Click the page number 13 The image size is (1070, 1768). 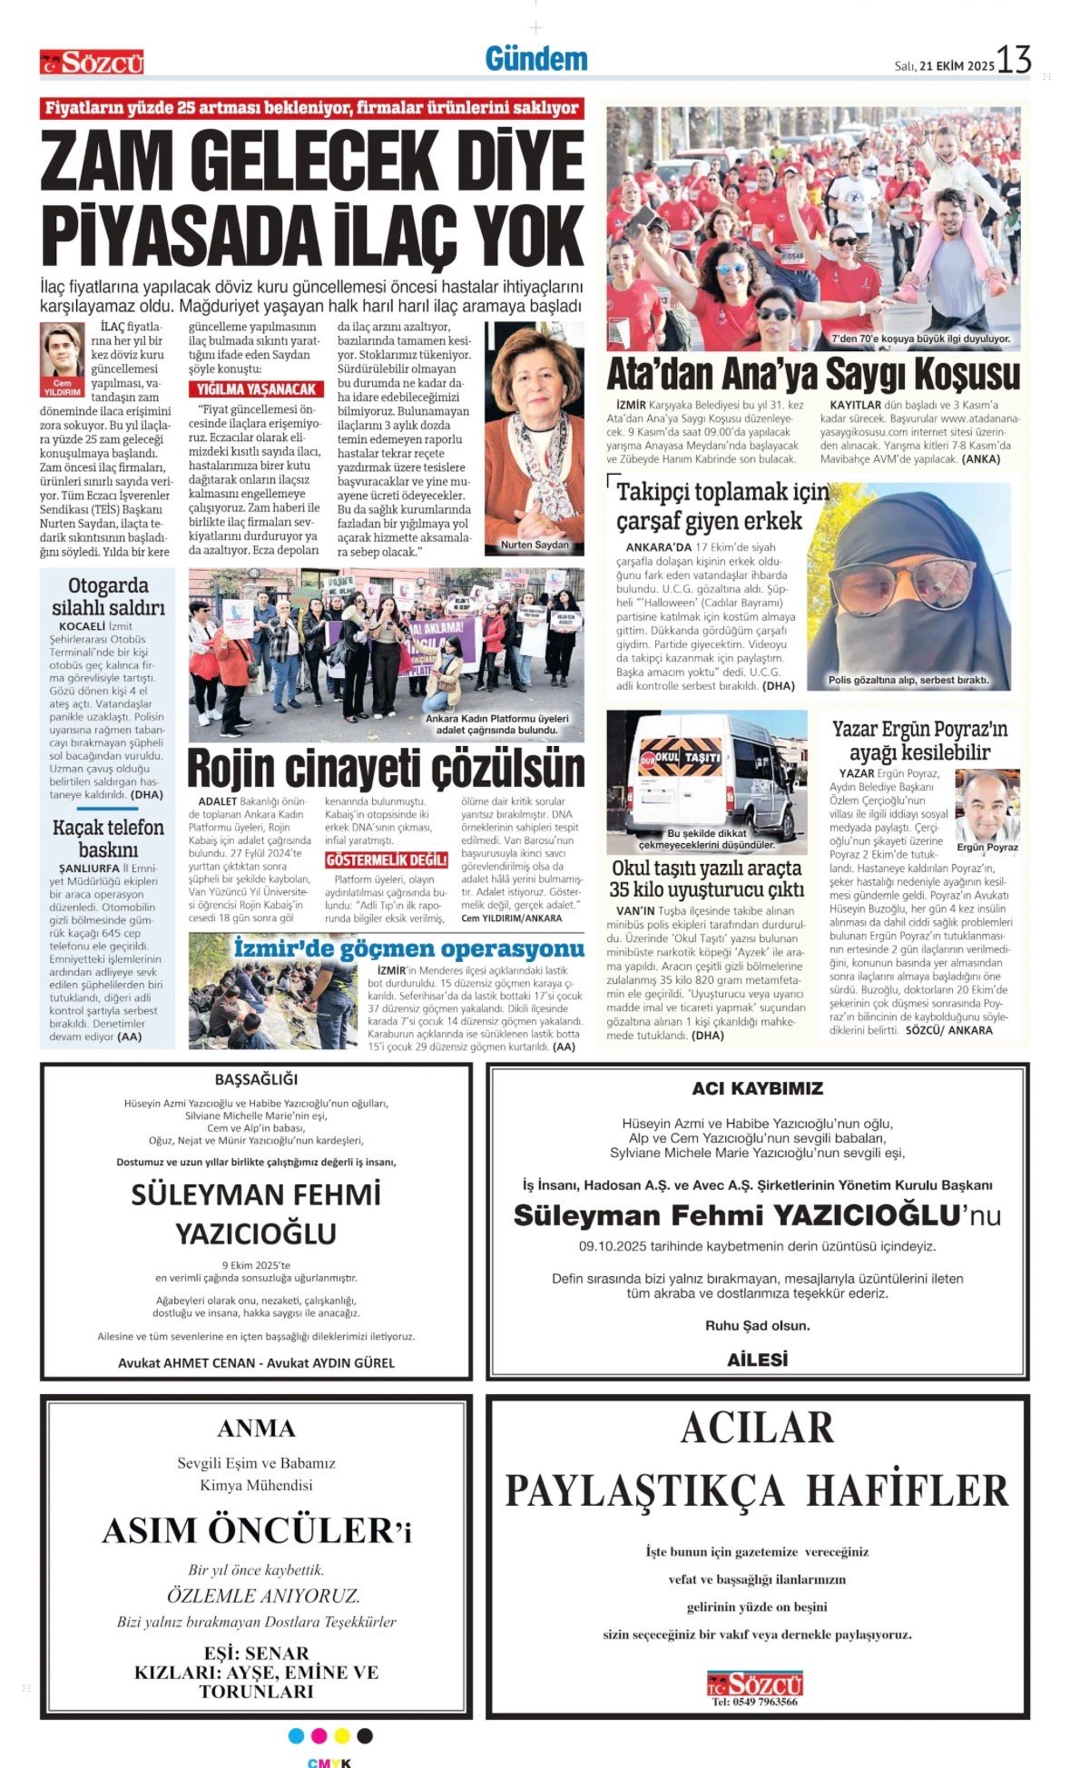click(x=1014, y=60)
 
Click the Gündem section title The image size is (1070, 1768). click(x=535, y=59)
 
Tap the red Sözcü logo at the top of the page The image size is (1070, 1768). click(x=92, y=63)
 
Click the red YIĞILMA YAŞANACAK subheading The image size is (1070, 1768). click(x=257, y=389)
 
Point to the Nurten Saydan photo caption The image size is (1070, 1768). click(x=535, y=545)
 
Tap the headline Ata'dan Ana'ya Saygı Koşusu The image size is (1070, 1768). click(x=813, y=375)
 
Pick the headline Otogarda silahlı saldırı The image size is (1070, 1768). click(x=108, y=596)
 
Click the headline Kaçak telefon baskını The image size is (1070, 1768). click(x=108, y=838)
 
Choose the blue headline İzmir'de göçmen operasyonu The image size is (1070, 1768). click(x=408, y=948)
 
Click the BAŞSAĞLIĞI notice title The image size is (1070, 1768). click(x=256, y=1079)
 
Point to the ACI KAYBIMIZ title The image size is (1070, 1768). click(x=757, y=1088)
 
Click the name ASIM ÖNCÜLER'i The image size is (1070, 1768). click(x=256, y=1531)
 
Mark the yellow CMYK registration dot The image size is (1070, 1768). click(x=342, y=1735)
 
